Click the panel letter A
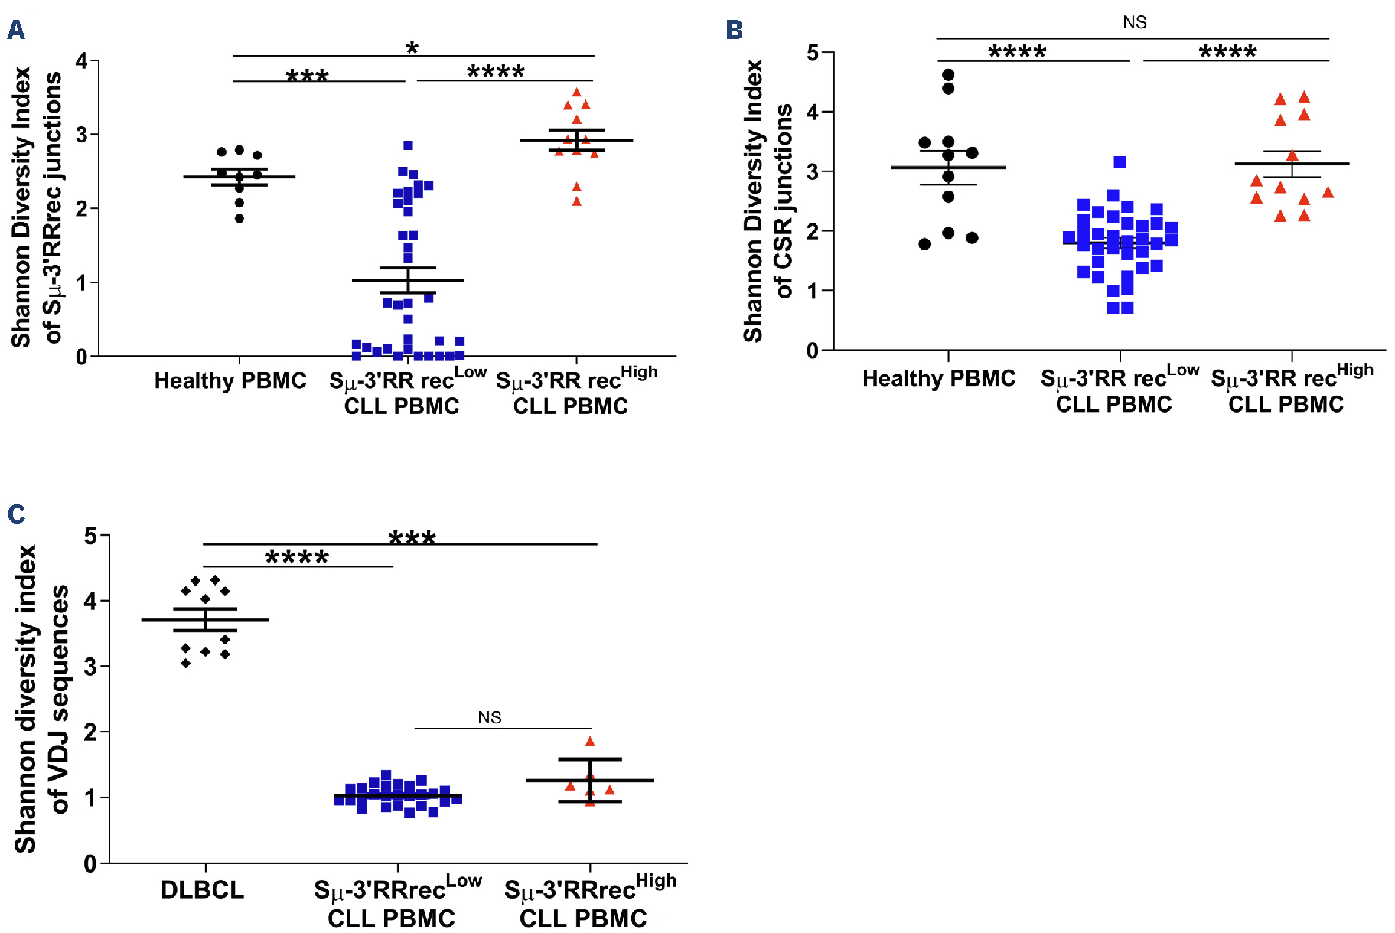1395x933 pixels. coord(16,30)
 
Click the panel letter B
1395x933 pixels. coord(734,30)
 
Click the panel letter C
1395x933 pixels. coord(16,514)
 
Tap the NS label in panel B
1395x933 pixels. coord(1134,22)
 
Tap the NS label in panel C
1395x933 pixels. coord(489,717)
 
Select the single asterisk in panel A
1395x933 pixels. coord(412,48)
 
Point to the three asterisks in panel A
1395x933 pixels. coord(307,76)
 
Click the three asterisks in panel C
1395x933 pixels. coord(412,537)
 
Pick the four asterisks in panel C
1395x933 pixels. coord(297,557)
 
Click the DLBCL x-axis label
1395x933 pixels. coord(202,889)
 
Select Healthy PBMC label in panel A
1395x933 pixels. coord(230,380)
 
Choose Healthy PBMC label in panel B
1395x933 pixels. coord(938,378)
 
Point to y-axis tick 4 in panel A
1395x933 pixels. coord(81,60)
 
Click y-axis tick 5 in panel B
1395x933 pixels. coord(812,53)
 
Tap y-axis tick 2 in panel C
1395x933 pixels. coord(90,732)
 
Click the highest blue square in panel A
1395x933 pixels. coord(408,145)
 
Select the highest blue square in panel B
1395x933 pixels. coord(1120,162)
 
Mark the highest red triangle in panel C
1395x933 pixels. coord(589,742)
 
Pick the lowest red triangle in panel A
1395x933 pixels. coord(576,201)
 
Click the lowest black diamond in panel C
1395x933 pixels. coord(186,663)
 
